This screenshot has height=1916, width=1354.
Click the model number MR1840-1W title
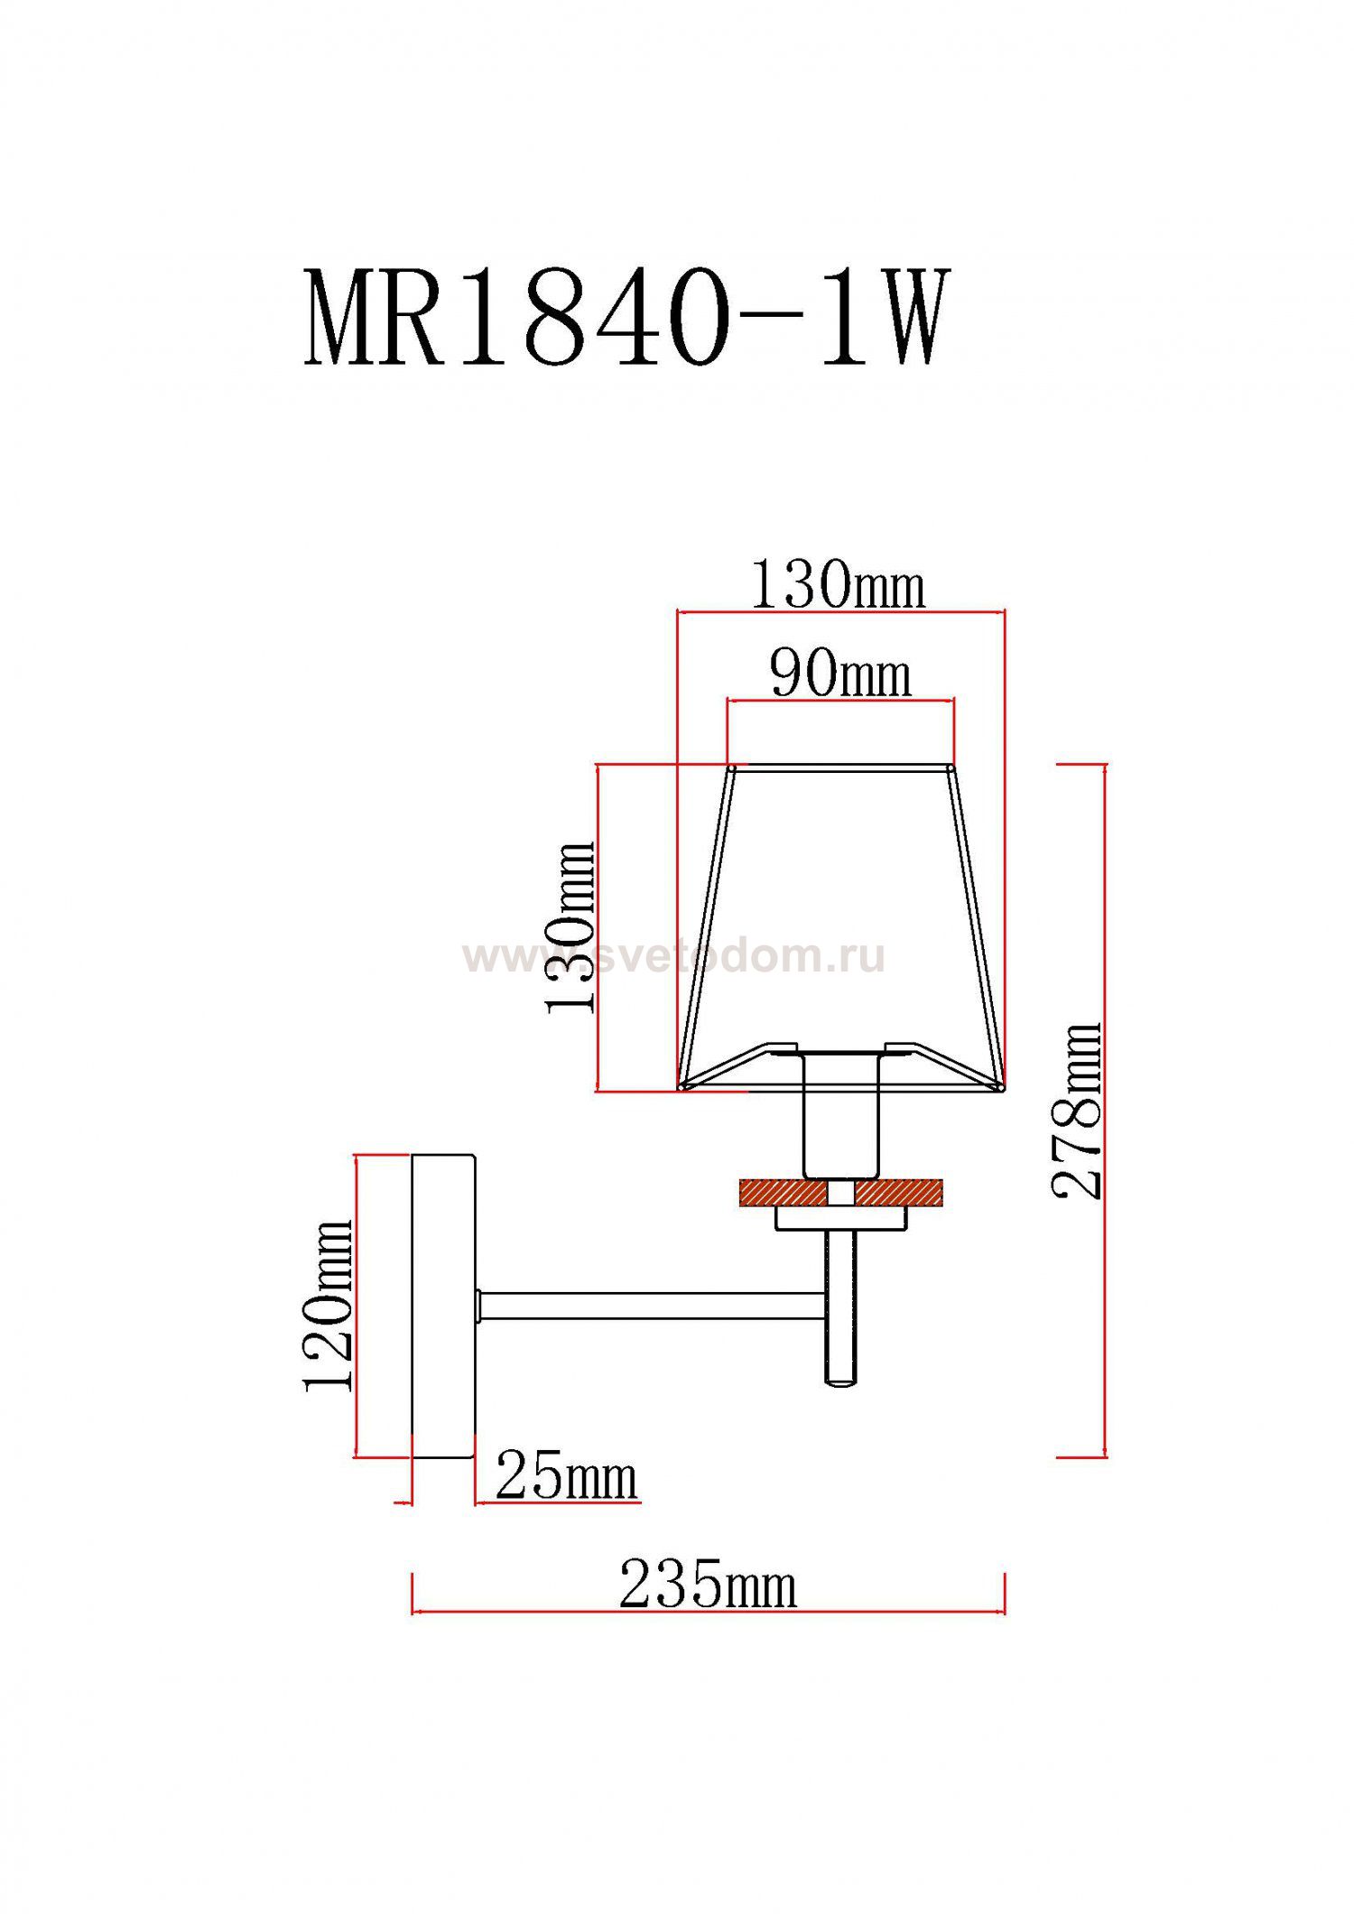(626, 318)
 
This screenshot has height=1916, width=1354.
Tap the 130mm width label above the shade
(837, 585)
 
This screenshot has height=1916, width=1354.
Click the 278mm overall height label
(1078, 1111)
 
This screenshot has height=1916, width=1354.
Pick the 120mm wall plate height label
(328, 1305)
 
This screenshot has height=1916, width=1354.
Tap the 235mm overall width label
(708, 1585)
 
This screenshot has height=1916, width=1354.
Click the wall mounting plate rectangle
(443, 1305)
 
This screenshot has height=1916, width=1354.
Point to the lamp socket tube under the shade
(840, 1115)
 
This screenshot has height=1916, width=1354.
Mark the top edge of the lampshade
(840, 768)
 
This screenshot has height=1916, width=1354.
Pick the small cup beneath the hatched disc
(840, 1220)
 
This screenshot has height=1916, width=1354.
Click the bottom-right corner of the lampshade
(1002, 1088)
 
